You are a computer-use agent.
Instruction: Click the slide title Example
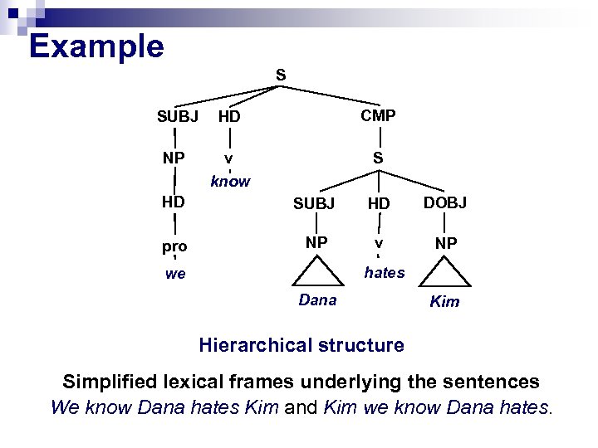pos(96,46)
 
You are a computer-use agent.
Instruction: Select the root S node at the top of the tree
pos(281,75)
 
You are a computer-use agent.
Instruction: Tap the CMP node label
pos(378,115)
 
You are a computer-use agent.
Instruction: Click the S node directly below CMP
pos(378,157)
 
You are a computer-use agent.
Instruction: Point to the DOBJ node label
pos(445,203)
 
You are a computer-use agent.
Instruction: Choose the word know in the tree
pos(230,181)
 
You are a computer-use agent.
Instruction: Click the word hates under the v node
pos(384,272)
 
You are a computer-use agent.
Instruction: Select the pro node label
pos(174,246)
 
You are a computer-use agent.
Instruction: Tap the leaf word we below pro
pos(175,274)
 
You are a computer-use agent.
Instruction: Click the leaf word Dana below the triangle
pos(317,300)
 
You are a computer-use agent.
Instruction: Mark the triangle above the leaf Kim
pos(445,273)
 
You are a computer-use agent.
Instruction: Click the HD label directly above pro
pos(174,202)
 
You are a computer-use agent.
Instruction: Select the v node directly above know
pos(229,158)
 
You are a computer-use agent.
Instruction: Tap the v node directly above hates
pos(378,244)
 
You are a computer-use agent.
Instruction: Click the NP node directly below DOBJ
pos(445,244)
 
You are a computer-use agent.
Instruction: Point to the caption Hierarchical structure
pos(301,345)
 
